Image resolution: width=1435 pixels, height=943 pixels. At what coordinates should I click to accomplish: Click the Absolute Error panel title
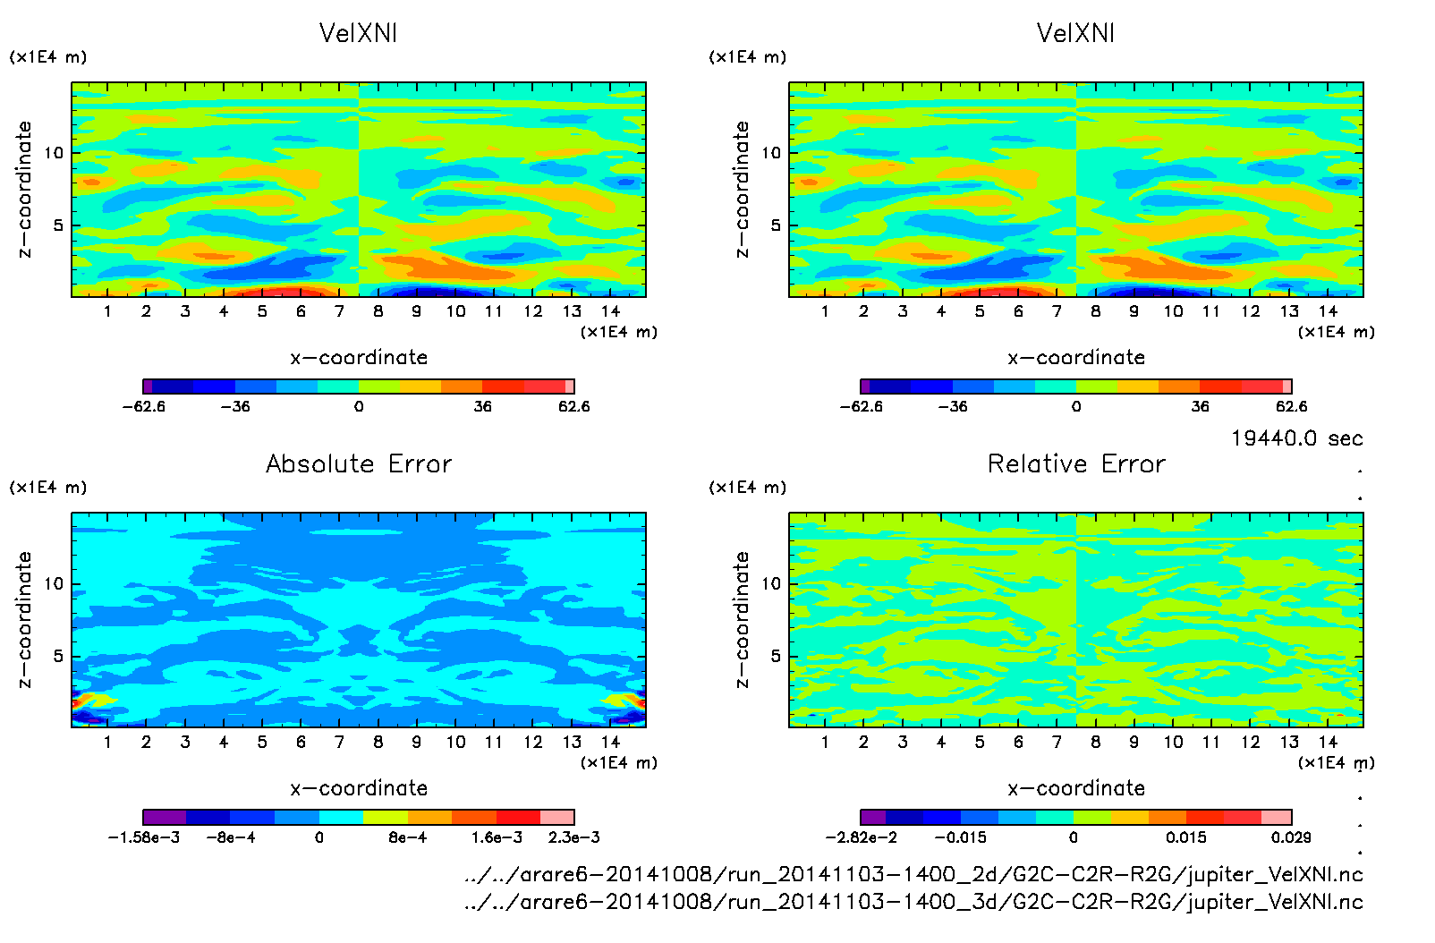click(x=359, y=463)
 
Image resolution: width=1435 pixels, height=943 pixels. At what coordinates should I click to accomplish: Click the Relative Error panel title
click(x=1076, y=463)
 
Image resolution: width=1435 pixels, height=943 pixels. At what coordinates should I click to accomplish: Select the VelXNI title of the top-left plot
click(x=358, y=33)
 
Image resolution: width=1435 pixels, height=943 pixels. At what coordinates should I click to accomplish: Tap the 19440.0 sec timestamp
click(x=1296, y=438)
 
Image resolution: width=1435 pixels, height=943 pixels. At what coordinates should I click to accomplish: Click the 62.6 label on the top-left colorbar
click(x=573, y=406)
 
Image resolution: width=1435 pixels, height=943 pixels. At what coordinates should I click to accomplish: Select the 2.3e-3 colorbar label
click(x=573, y=837)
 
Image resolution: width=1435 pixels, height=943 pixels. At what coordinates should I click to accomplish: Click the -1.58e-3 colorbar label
click(x=143, y=837)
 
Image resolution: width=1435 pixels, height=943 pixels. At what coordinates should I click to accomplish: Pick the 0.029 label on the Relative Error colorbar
click(x=1291, y=837)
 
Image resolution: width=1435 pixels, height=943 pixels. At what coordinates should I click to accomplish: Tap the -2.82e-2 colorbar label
click(x=861, y=837)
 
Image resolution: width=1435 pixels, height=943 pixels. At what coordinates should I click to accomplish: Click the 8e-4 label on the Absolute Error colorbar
click(x=407, y=837)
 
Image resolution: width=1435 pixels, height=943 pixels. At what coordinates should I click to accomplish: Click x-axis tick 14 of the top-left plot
click(x=610, y=311)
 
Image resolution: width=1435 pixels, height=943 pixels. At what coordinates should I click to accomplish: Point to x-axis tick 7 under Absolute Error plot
click(x=339, y=742)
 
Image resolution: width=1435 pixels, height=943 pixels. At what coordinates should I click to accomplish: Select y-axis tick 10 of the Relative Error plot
click(x=770, y=583)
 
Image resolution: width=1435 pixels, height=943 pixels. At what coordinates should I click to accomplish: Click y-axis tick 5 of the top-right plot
click(x=776, y=225)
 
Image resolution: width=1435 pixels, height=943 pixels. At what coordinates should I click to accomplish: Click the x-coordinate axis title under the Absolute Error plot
click(x=359, y=788)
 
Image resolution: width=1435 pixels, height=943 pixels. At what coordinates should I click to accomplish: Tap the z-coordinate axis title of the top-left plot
click(x=24, y=190)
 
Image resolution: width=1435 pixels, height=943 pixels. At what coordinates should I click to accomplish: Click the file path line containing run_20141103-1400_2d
click(x=913, y=874)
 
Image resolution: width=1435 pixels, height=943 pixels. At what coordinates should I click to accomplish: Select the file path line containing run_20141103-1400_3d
click(x=913, y=902)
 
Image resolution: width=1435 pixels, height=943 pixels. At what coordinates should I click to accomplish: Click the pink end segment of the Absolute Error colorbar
click(x=557, y=817)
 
